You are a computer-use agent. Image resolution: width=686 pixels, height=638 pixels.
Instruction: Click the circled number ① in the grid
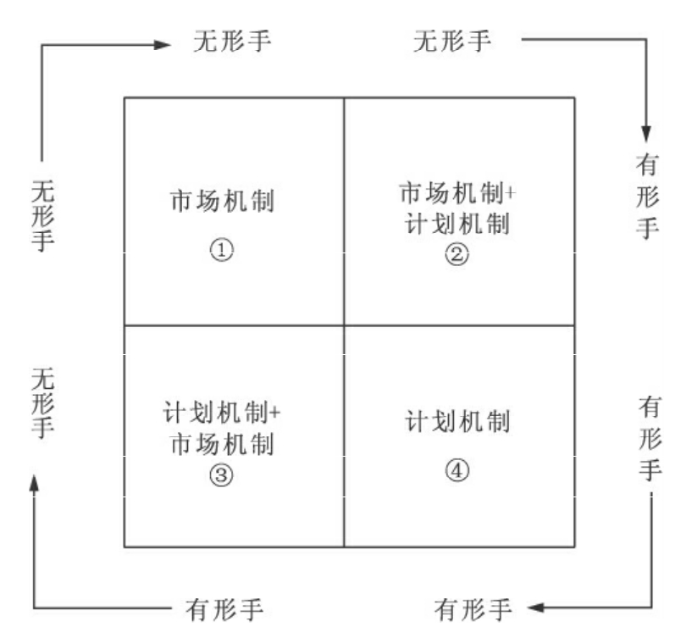(x=221, y=249)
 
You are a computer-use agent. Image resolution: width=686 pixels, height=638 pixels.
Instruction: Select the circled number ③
(x=221, y=474)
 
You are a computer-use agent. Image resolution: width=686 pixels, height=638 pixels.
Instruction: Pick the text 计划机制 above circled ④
(x=458, y=421)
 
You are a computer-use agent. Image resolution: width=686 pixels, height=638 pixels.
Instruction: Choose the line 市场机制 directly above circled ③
(x=221, y=443)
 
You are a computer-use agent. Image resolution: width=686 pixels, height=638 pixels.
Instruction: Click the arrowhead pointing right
(x=164, y=44)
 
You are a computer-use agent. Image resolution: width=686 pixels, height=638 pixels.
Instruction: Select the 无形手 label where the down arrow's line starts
(x=451, y=41)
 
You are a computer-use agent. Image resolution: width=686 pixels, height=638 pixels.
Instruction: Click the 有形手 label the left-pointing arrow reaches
(x=474, y=607)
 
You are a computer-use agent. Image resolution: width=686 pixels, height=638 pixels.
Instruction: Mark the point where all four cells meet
(x=344, y=325)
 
